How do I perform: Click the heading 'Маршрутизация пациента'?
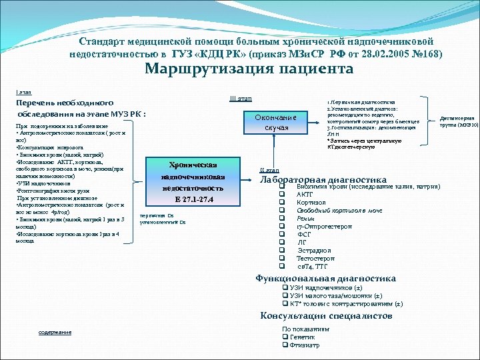(x=249, y=69)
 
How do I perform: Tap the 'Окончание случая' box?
(x=276, y=122)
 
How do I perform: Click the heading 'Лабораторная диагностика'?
(x=323, y=179)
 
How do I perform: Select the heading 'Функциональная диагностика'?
(x=325, y=279)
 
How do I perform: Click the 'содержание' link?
(x=55, y=332)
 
